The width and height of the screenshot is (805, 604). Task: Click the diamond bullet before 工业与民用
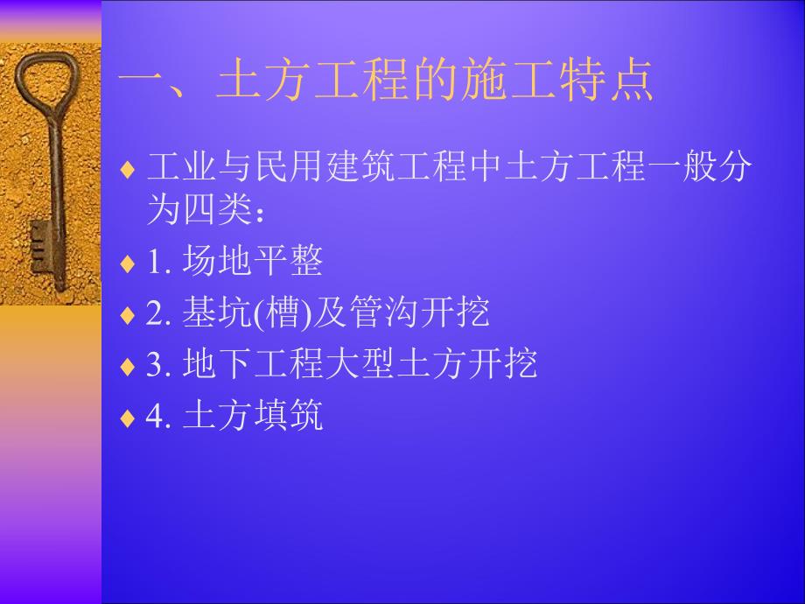(x=128, y=167)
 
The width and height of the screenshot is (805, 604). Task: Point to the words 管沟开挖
(x=419, y=313)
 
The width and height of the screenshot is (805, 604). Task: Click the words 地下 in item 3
(x=219, y=364)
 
